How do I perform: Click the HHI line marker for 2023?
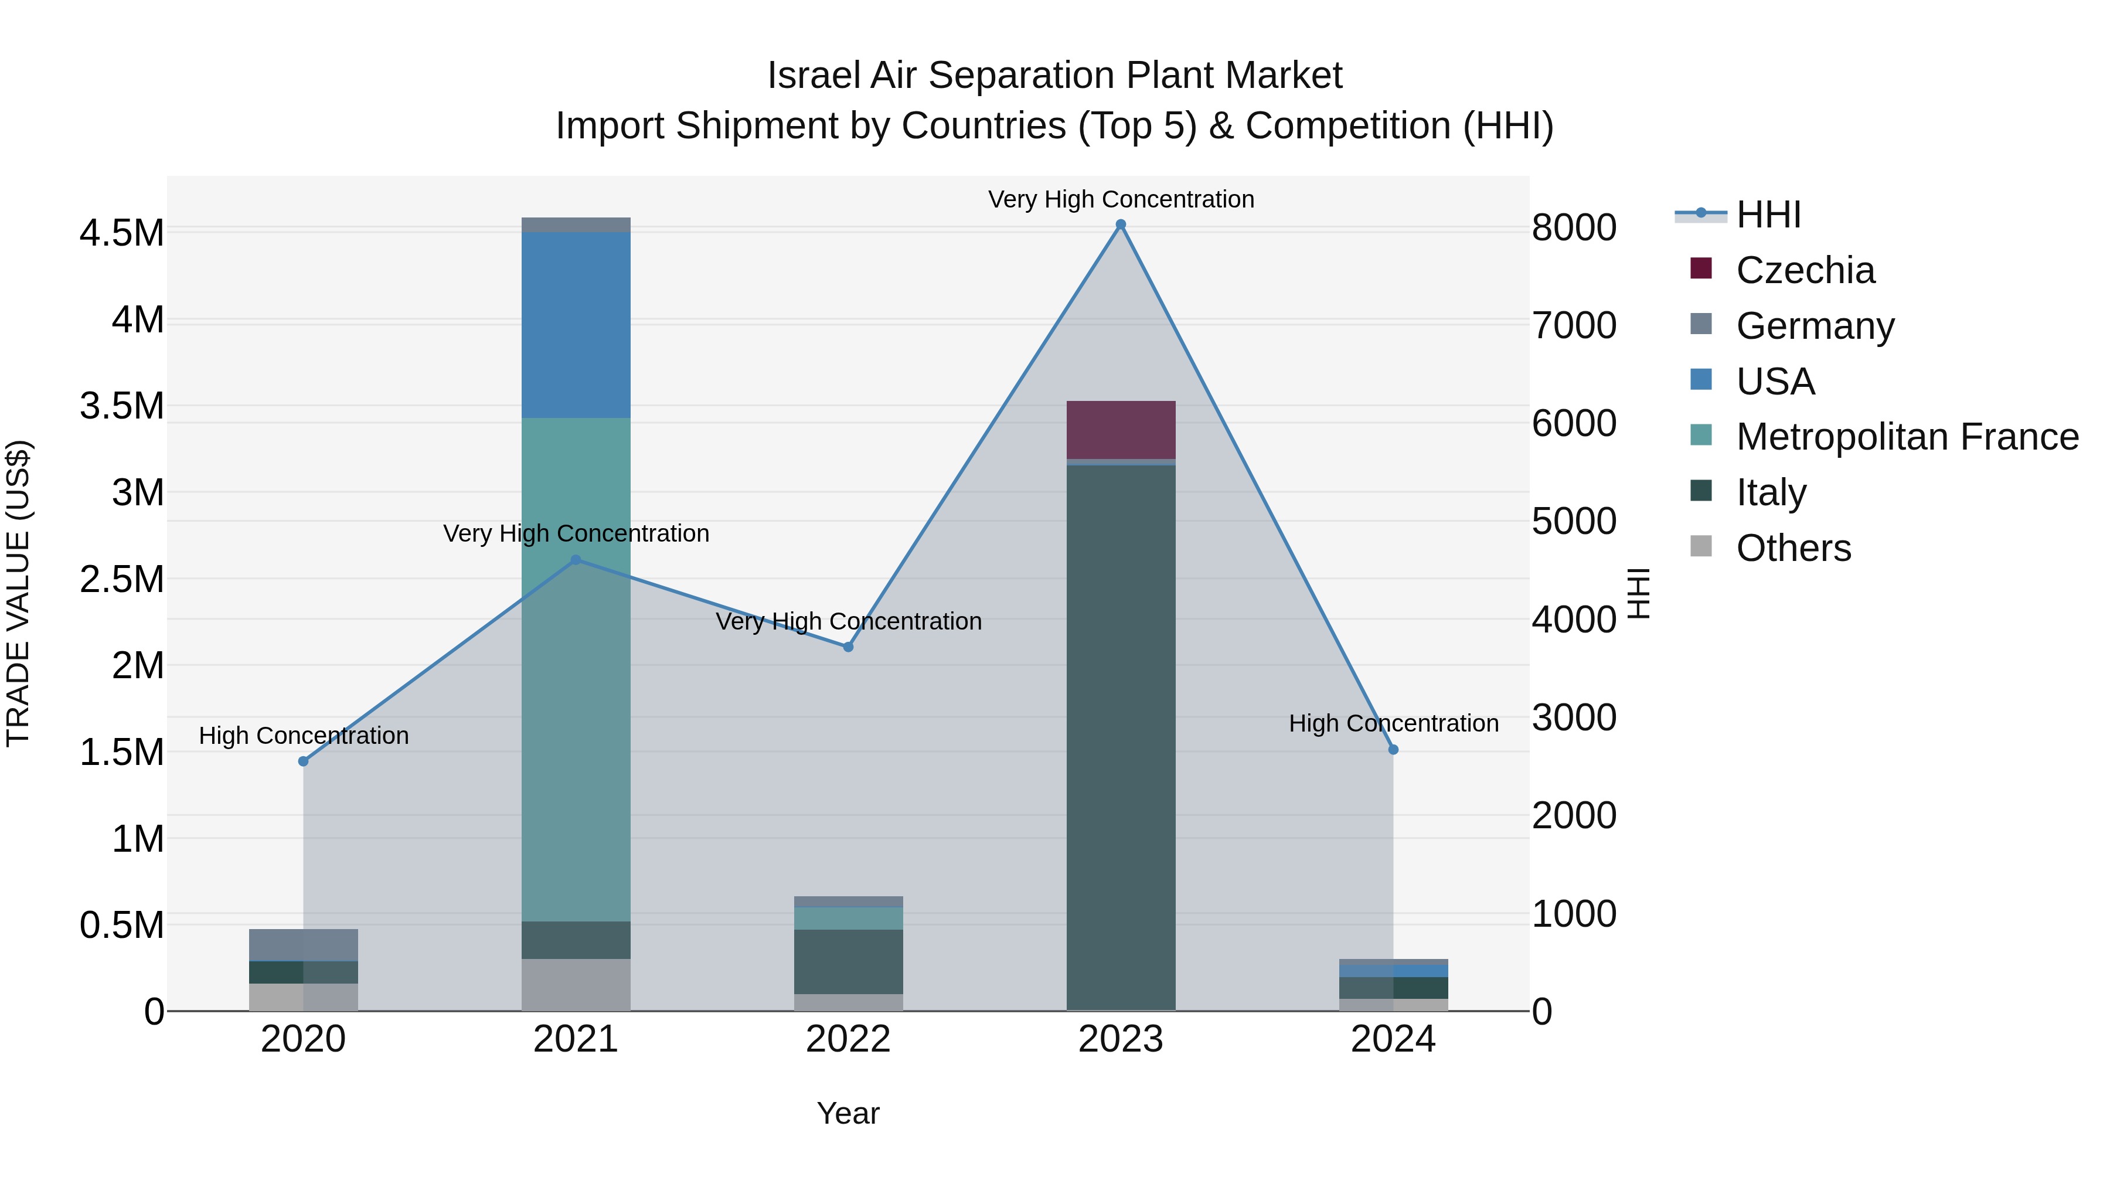pyautogui.click(x=1121, y=225)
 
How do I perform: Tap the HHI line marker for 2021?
pyautogui.click(x=576, y=560)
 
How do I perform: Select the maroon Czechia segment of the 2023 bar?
pyautogui.click(x=1121, y=430)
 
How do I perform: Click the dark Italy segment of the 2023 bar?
pyautogui.click(x=1121, y=737)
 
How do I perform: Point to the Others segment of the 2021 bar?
pyautogui.click(x=576, y=985)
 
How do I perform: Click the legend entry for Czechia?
pyautogui.click(x=1805, y=270)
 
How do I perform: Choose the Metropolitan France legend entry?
pyautogui.click(x=1907, y=437)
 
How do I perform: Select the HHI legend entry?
pyautogui.click(x=1768, y=215)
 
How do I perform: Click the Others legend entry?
pyautogui.click(x=1793, y=548)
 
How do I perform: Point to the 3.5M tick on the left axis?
pyautogui.click(x=122, y=406)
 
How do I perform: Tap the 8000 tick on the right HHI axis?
pyautogui.click(x=1574, y=228)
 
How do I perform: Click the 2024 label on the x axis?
pyautogui.click(x=1393, y=1039)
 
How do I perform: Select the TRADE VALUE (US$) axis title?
pyautogui.click(x=18, y=593)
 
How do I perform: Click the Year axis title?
pyautogui.click(x=848, y=1113)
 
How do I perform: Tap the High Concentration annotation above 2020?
pyautogui.click(x=304, y=736)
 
